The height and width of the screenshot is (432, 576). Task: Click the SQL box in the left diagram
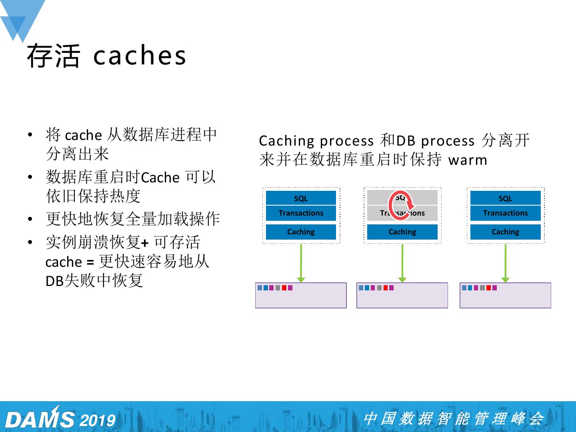(301, 198)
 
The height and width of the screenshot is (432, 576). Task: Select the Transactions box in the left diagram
(301, 213)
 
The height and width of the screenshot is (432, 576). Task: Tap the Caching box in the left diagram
(301, 232)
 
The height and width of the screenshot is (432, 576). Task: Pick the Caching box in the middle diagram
(402, 232)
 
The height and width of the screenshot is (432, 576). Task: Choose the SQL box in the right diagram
(505, 198)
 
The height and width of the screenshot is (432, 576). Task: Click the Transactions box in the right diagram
(505, 213)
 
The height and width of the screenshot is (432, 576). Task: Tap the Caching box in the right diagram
(505, 232)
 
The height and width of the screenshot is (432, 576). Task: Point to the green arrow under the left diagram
(301, 262)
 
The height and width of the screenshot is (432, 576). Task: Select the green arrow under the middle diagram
(402, 262)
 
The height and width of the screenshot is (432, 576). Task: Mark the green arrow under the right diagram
(506, 262)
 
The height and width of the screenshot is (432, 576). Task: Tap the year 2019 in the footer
(98, 420)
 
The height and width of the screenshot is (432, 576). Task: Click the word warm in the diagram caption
(468, 160)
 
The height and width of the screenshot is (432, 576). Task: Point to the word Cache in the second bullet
(160, 177)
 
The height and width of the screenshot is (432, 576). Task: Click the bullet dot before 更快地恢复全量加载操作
(30, 220)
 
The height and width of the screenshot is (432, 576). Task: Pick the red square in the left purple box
(284, 288)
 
